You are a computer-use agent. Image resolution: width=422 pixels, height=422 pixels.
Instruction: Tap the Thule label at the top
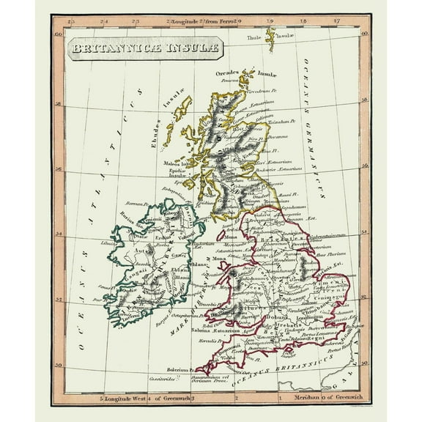[254, 36]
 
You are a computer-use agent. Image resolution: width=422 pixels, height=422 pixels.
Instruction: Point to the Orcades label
[228, 73]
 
